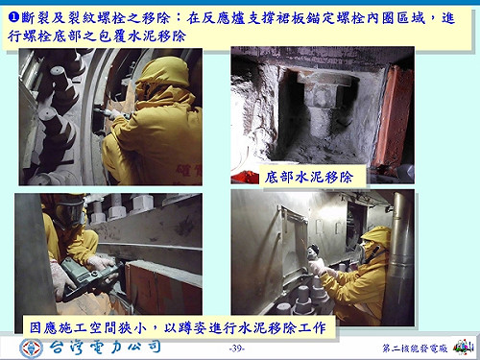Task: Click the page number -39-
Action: (239, 347)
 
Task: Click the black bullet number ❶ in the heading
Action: (13, 16)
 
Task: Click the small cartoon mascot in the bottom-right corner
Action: (463, 345)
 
